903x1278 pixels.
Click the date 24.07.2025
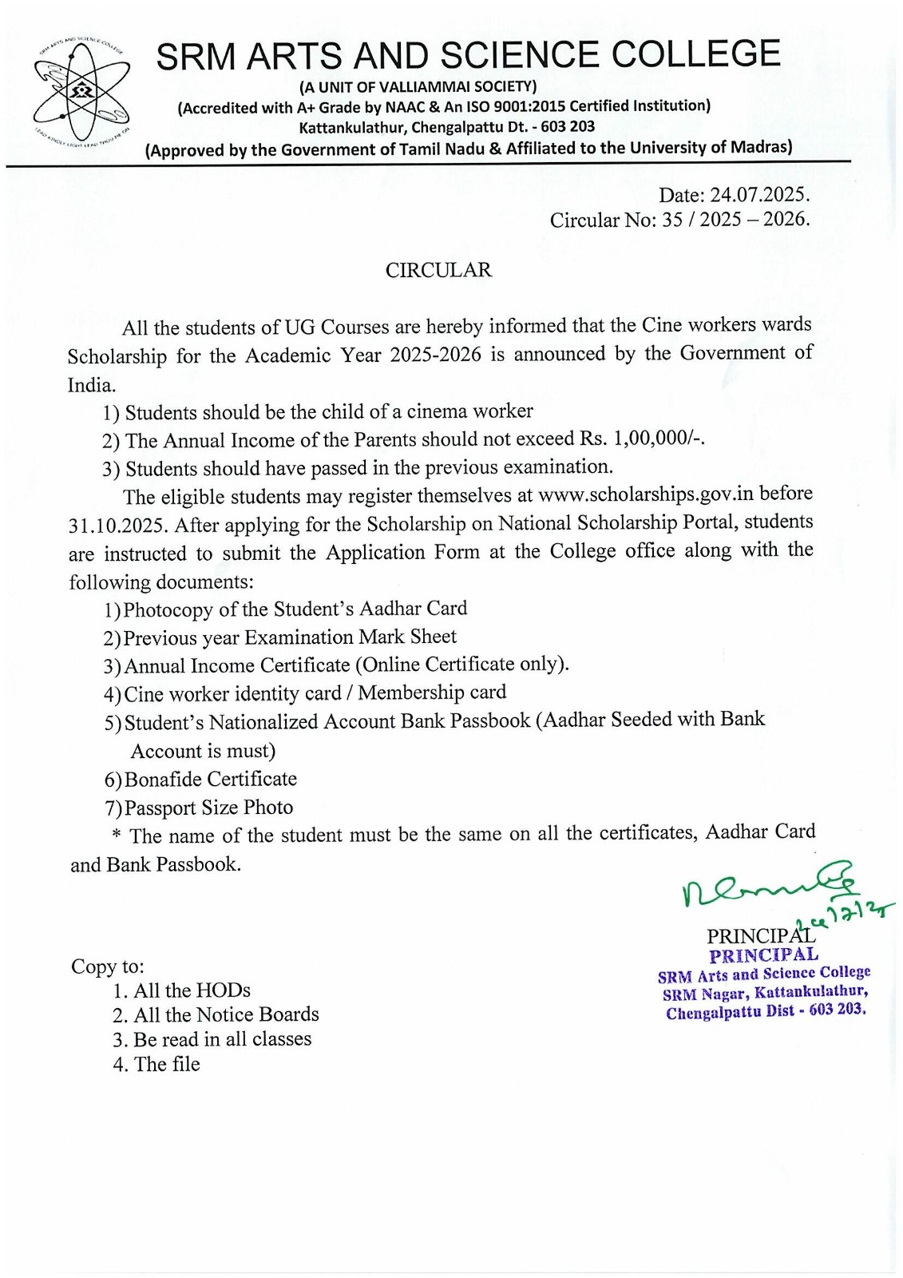tap(759, 195)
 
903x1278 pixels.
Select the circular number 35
tap(672, 220)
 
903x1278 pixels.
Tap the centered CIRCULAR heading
tap(438, 270)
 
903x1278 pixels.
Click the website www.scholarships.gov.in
tap(646, 494)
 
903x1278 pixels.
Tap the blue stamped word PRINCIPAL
tap(764, 955)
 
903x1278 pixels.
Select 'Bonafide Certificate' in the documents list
tap(210, 779)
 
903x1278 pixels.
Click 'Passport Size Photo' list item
tap(208, 808)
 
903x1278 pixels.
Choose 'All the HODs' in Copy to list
tap(192, 990)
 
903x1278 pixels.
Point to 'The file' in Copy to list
tap(167, 1064)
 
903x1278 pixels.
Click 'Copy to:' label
tap(108, 966)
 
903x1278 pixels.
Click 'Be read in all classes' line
tap(222, 1039)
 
